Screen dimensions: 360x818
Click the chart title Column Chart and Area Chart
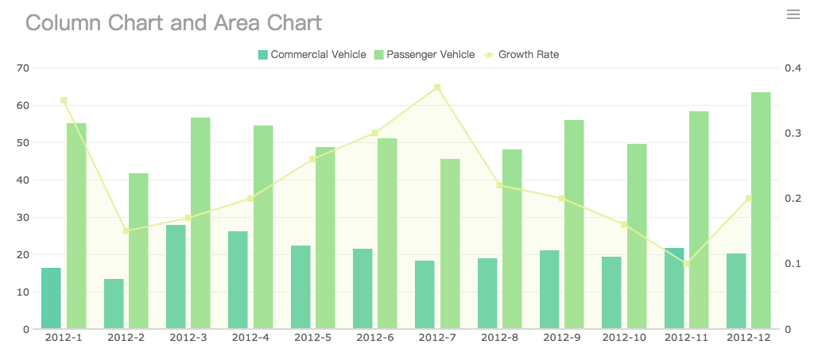pyautogui.click(x=174, y=22)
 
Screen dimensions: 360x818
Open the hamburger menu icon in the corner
pyautogui.click(x=793, y=14)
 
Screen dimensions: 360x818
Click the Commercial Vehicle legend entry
pyautogui.click(x=312, y=55)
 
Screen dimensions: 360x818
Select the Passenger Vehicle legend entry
pyautogui.click(x=425, y=55)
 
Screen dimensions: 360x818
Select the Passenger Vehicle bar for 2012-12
pyautogui.click(x=761, y=211)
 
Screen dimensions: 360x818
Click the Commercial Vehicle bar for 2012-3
pyautogui.click(x=176, y=277)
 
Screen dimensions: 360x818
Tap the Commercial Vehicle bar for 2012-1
pyautogui.click(x=51, y=298)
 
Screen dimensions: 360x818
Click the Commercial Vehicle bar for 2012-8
pyautogui.click(x=487, y=293)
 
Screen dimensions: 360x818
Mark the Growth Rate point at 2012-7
pyautogui.click(x=437, y=87)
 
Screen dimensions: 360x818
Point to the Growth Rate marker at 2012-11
pyautogui.click(x=687, y=264)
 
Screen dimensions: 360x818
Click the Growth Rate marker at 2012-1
pyautogui.click(x=64, y=100)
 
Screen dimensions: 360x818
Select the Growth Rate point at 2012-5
pyautogui.click(x=312, y=159)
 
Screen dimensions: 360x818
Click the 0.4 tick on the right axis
pyautogui.click(x=793, y=68)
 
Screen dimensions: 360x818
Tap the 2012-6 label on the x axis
pyautogui.click(x=375, y=338)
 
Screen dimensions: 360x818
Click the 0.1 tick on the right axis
pyautogui.click(x=793, y=264)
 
